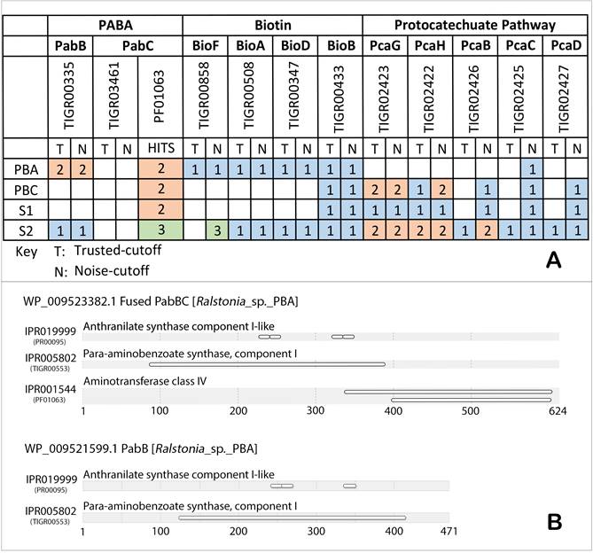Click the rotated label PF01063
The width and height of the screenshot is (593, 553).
tap(160, 95)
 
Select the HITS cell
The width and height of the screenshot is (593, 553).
tap(160, 148)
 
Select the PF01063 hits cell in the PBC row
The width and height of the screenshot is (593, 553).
tap(160, 189)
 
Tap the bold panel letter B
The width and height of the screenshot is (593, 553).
tap(554, 522)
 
